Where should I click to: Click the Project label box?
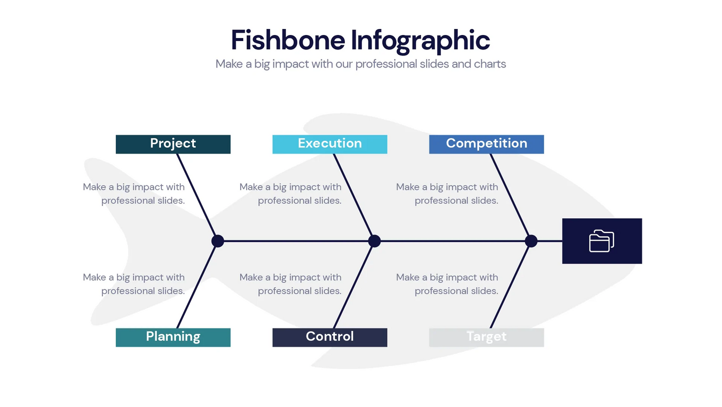point(173,144)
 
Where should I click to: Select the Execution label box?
point(329,144)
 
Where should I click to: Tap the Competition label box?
point(486,144)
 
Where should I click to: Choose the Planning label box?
point(173,337)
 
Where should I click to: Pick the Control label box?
point(329,337)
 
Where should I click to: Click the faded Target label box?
point(486,337)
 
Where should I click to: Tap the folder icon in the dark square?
point(601,241)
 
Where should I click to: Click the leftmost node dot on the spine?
point(217,241)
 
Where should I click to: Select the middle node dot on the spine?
point(374,241)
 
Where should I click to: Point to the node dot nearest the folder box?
point(531,241)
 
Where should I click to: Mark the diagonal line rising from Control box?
point(353,285)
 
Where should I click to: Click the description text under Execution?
point(291,193)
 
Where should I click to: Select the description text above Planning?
point(134,284)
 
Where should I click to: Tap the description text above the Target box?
point(447,284)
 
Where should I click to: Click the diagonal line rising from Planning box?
point(197,285)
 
